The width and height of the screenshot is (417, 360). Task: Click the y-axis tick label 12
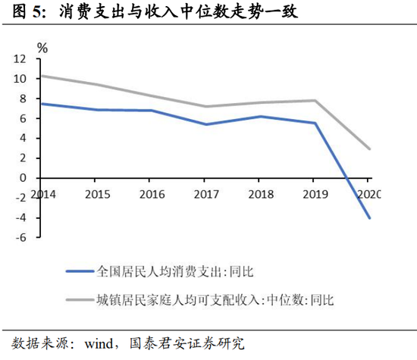coord(20,59)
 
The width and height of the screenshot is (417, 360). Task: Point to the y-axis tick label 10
coord(20,79)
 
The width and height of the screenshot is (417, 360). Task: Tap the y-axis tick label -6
coord(20,237)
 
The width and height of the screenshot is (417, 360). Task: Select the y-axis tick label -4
coord(20,218)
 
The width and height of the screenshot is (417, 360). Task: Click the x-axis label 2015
coord(98,194)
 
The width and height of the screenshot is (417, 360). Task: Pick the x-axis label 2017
coord(206,194)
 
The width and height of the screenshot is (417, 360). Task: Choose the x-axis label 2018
coord(261,194)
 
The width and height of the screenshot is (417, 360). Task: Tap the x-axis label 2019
coord(315,194)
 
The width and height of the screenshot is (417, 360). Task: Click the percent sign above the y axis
coord(42,48)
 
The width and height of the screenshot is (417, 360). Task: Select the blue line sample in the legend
coord(80,271)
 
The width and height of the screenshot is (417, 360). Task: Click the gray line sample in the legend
coord(80,300)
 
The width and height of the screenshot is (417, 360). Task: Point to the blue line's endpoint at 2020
coord(369,218)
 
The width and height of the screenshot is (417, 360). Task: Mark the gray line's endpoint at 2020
coord(369,149)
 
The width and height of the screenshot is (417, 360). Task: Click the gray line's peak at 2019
coord(315,101)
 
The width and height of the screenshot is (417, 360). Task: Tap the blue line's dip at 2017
coord(206,124)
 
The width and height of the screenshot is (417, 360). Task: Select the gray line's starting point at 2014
coord(42,76)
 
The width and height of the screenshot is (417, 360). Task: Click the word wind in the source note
coord(99,344)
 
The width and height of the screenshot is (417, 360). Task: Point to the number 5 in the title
coord(36,12)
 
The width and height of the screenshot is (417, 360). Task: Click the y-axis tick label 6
coord(24,118)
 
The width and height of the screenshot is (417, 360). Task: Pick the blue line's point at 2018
coord(261,117)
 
